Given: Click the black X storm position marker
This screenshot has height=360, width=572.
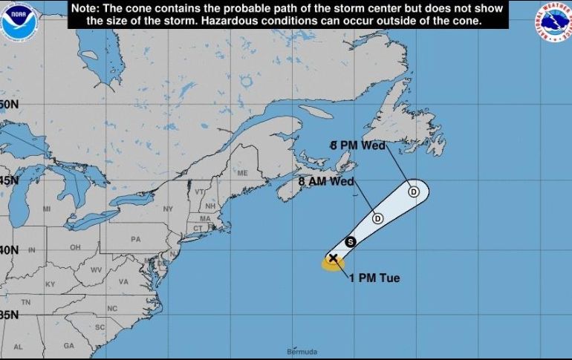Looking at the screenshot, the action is click(333, 258).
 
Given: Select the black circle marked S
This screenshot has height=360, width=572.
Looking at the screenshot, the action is click(351, 241).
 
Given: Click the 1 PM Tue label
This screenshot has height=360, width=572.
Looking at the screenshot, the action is click(374, 278).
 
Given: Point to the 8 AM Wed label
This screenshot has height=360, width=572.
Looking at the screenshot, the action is click(325, 181).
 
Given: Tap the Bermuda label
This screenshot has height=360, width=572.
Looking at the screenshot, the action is click(302, 351).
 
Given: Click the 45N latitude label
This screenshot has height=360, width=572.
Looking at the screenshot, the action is click(8, 180).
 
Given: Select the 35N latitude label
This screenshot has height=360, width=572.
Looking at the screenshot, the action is click(8, 314).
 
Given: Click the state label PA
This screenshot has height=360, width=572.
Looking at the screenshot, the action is click(135, 240).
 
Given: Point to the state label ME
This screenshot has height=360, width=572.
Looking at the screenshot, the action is click(242, 173).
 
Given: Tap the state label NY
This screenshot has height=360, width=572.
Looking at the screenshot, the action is click(167, 209).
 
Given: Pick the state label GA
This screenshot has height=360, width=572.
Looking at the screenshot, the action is click(69, 346).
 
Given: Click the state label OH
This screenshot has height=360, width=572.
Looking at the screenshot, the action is click(75, 247).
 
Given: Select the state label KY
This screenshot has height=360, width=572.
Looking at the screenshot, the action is click(51, 284).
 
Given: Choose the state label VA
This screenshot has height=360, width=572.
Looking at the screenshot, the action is click(123, 282).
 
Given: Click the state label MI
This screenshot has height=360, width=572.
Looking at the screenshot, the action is click(47, 209).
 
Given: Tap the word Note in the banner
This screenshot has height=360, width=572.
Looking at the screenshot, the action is click(85, 8).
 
